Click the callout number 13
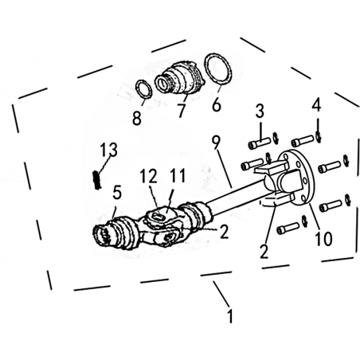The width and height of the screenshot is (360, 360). pos(109,150)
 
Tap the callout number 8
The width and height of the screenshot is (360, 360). pos(137,118)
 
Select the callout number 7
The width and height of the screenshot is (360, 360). pos(182,111)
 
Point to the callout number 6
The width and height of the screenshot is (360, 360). pos(217,104)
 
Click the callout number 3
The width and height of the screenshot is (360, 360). pos(260,111)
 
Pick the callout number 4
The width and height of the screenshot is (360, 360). pos(316,105)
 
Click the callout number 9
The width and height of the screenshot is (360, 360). pos(217,143)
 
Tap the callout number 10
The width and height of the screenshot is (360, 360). pos(323,238)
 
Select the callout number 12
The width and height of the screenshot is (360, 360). pos(149,176)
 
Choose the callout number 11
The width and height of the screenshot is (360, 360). pos(177,175)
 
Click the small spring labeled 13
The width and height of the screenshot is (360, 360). pos(97,180)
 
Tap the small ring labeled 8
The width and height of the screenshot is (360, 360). pos(143,89)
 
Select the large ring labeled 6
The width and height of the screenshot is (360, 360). pos(218,70)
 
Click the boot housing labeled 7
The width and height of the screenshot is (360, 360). pos(179,77)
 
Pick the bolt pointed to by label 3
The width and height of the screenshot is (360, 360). pos(259,143)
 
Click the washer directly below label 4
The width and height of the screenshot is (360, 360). pos(319,136)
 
